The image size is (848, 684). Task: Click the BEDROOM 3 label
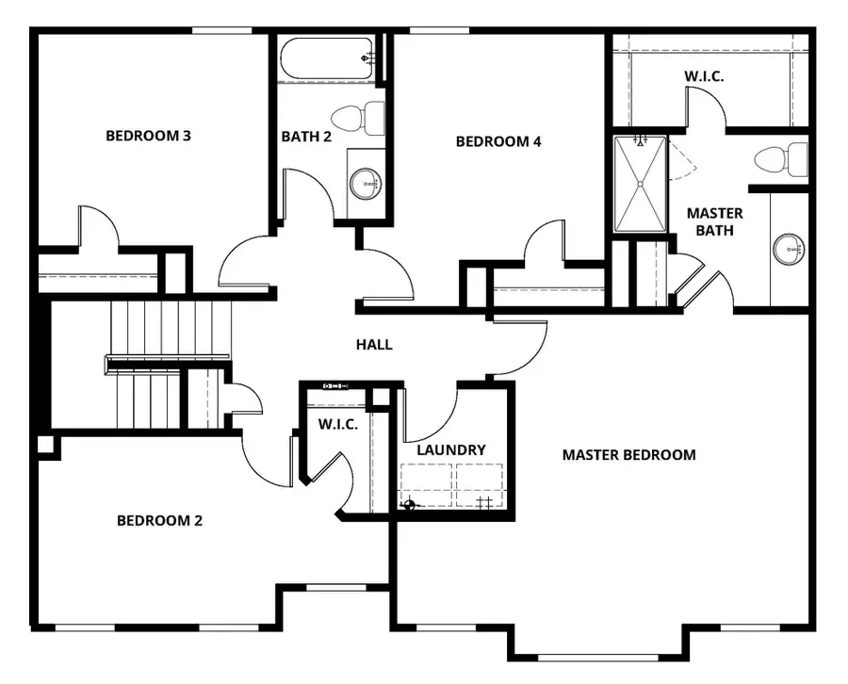coord(148,136)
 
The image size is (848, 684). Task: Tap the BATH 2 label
coord(306,137)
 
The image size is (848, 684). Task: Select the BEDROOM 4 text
coord(498,142)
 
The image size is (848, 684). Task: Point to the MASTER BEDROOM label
coord(628,455)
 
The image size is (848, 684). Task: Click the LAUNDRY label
coord(451,450)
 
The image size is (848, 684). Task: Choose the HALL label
coord(374,345)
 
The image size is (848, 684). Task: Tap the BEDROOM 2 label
coord(159,520)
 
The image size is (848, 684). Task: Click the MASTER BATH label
coord(714,221)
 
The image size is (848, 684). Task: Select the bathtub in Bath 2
coord(327,58)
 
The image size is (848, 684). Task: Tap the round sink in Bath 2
coord(366,183)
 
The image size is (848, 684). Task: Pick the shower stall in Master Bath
coord(640,184)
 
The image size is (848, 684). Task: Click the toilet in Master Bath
coord(782,158)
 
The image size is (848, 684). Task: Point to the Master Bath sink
coord(789,250)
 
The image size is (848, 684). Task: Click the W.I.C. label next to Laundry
coord(337,425)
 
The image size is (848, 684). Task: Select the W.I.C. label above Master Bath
coord(704,75)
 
